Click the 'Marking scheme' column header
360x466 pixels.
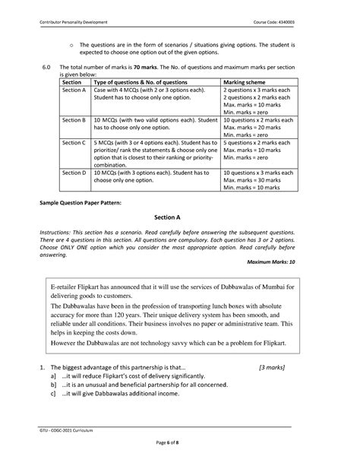coord(245,82)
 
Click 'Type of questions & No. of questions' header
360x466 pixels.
coord(139,82)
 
